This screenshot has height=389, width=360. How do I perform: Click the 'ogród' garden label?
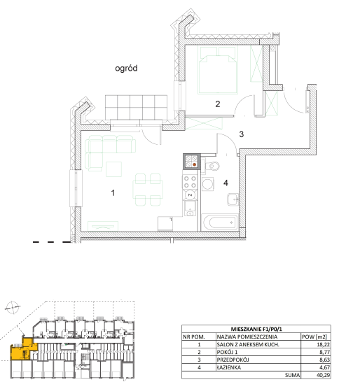click(x=126, y=69)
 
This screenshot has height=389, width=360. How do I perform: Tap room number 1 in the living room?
click(x=113, y=193)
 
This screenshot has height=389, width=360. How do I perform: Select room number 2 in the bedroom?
click(x=218, y=104)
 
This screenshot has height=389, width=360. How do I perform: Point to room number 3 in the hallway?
click(x=242, y=134)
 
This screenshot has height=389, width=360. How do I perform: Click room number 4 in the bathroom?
click(x=226, y=183)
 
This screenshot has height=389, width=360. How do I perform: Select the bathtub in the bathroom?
click(x=220, y=223)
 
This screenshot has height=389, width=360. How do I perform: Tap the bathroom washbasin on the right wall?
click(x=233, y=199)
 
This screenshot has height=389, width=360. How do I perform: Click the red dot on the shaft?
click(x=195, y=164)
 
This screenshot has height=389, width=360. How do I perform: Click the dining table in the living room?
click(x=148, y=190)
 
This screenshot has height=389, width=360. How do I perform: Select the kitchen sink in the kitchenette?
click(x=191, y=208)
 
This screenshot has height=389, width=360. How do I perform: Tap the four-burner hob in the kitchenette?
click(x=191, y=182)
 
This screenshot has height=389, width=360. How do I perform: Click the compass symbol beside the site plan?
click(x=13, y=307)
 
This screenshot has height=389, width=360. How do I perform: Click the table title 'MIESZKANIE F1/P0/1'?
click(x=256, y=330)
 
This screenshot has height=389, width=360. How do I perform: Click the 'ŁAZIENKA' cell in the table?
click(x=228, y=367)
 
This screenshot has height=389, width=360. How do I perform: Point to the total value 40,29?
click(x=323, y=375)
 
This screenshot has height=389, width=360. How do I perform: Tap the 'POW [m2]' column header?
click(x=314, y=337)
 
